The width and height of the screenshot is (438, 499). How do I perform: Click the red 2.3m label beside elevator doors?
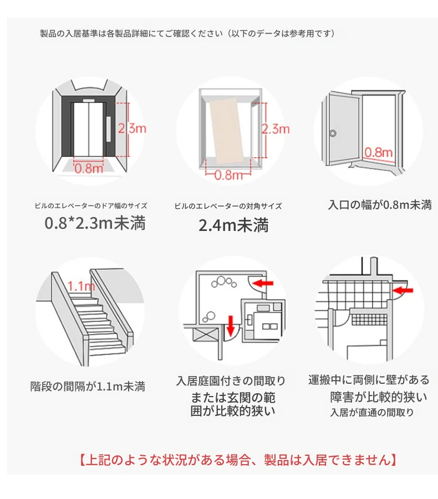(132, 128)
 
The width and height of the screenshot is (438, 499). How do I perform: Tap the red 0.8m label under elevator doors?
(89, 168)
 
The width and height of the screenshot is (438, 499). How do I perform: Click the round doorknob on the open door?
(333, 133)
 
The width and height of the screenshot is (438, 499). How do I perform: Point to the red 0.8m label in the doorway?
(378, 152)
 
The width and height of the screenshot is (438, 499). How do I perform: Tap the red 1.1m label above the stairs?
(82, 286)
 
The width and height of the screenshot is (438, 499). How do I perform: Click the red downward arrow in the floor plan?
(231, 325)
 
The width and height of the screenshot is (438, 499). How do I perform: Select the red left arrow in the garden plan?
(263, 282)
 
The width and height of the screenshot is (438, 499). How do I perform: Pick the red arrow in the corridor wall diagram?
(403, 290)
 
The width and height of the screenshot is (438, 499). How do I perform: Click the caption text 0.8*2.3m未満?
(95, 223)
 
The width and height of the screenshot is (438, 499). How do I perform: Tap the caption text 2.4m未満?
(233, 225)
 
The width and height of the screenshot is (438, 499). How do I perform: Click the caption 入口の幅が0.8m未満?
(380, 204)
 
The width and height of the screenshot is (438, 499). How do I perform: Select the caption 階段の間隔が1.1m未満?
(88, 386)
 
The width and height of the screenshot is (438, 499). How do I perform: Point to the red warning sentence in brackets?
(238, 460)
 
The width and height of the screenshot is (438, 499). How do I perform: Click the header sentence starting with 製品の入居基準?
(187, 33)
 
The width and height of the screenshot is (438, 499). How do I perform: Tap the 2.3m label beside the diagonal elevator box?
(276, 129)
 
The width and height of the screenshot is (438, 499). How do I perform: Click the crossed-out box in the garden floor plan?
(205, 335)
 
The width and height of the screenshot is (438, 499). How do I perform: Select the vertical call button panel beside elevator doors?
(109, 129)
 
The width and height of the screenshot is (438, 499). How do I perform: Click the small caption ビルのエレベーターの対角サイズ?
(228, 206)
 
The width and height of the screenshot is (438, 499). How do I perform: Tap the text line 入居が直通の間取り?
(372, 412)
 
